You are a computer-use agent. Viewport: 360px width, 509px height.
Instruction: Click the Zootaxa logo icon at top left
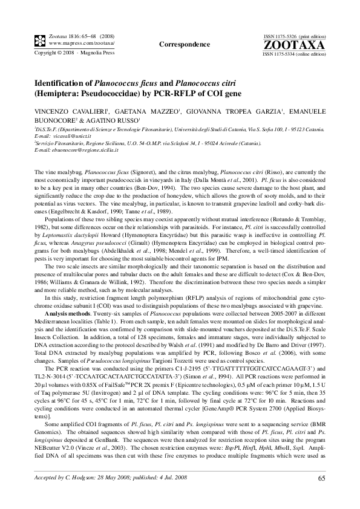click(x=39, y=41)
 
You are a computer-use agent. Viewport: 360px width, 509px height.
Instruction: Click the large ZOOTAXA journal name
click(x=295, y=45)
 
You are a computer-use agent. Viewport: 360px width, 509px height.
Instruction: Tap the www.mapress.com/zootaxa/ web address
click(x=81, y=44)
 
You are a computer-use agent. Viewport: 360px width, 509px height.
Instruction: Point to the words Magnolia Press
click(x=99, y=53)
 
